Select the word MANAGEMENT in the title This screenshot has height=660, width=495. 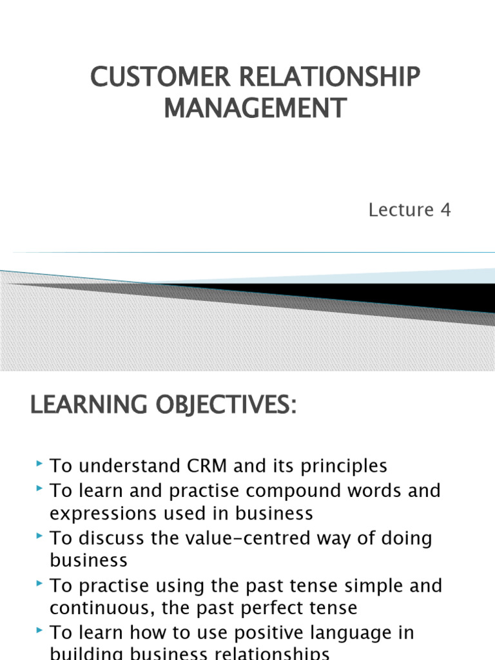click(x=255, y=107)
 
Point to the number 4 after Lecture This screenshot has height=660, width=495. click(x=445, y=209)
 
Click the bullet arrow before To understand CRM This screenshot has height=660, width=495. click(x=41, y=464)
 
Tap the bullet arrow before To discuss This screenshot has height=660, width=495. click(x=41, y=537)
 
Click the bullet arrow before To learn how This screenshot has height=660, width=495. click(x=41, y=631)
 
